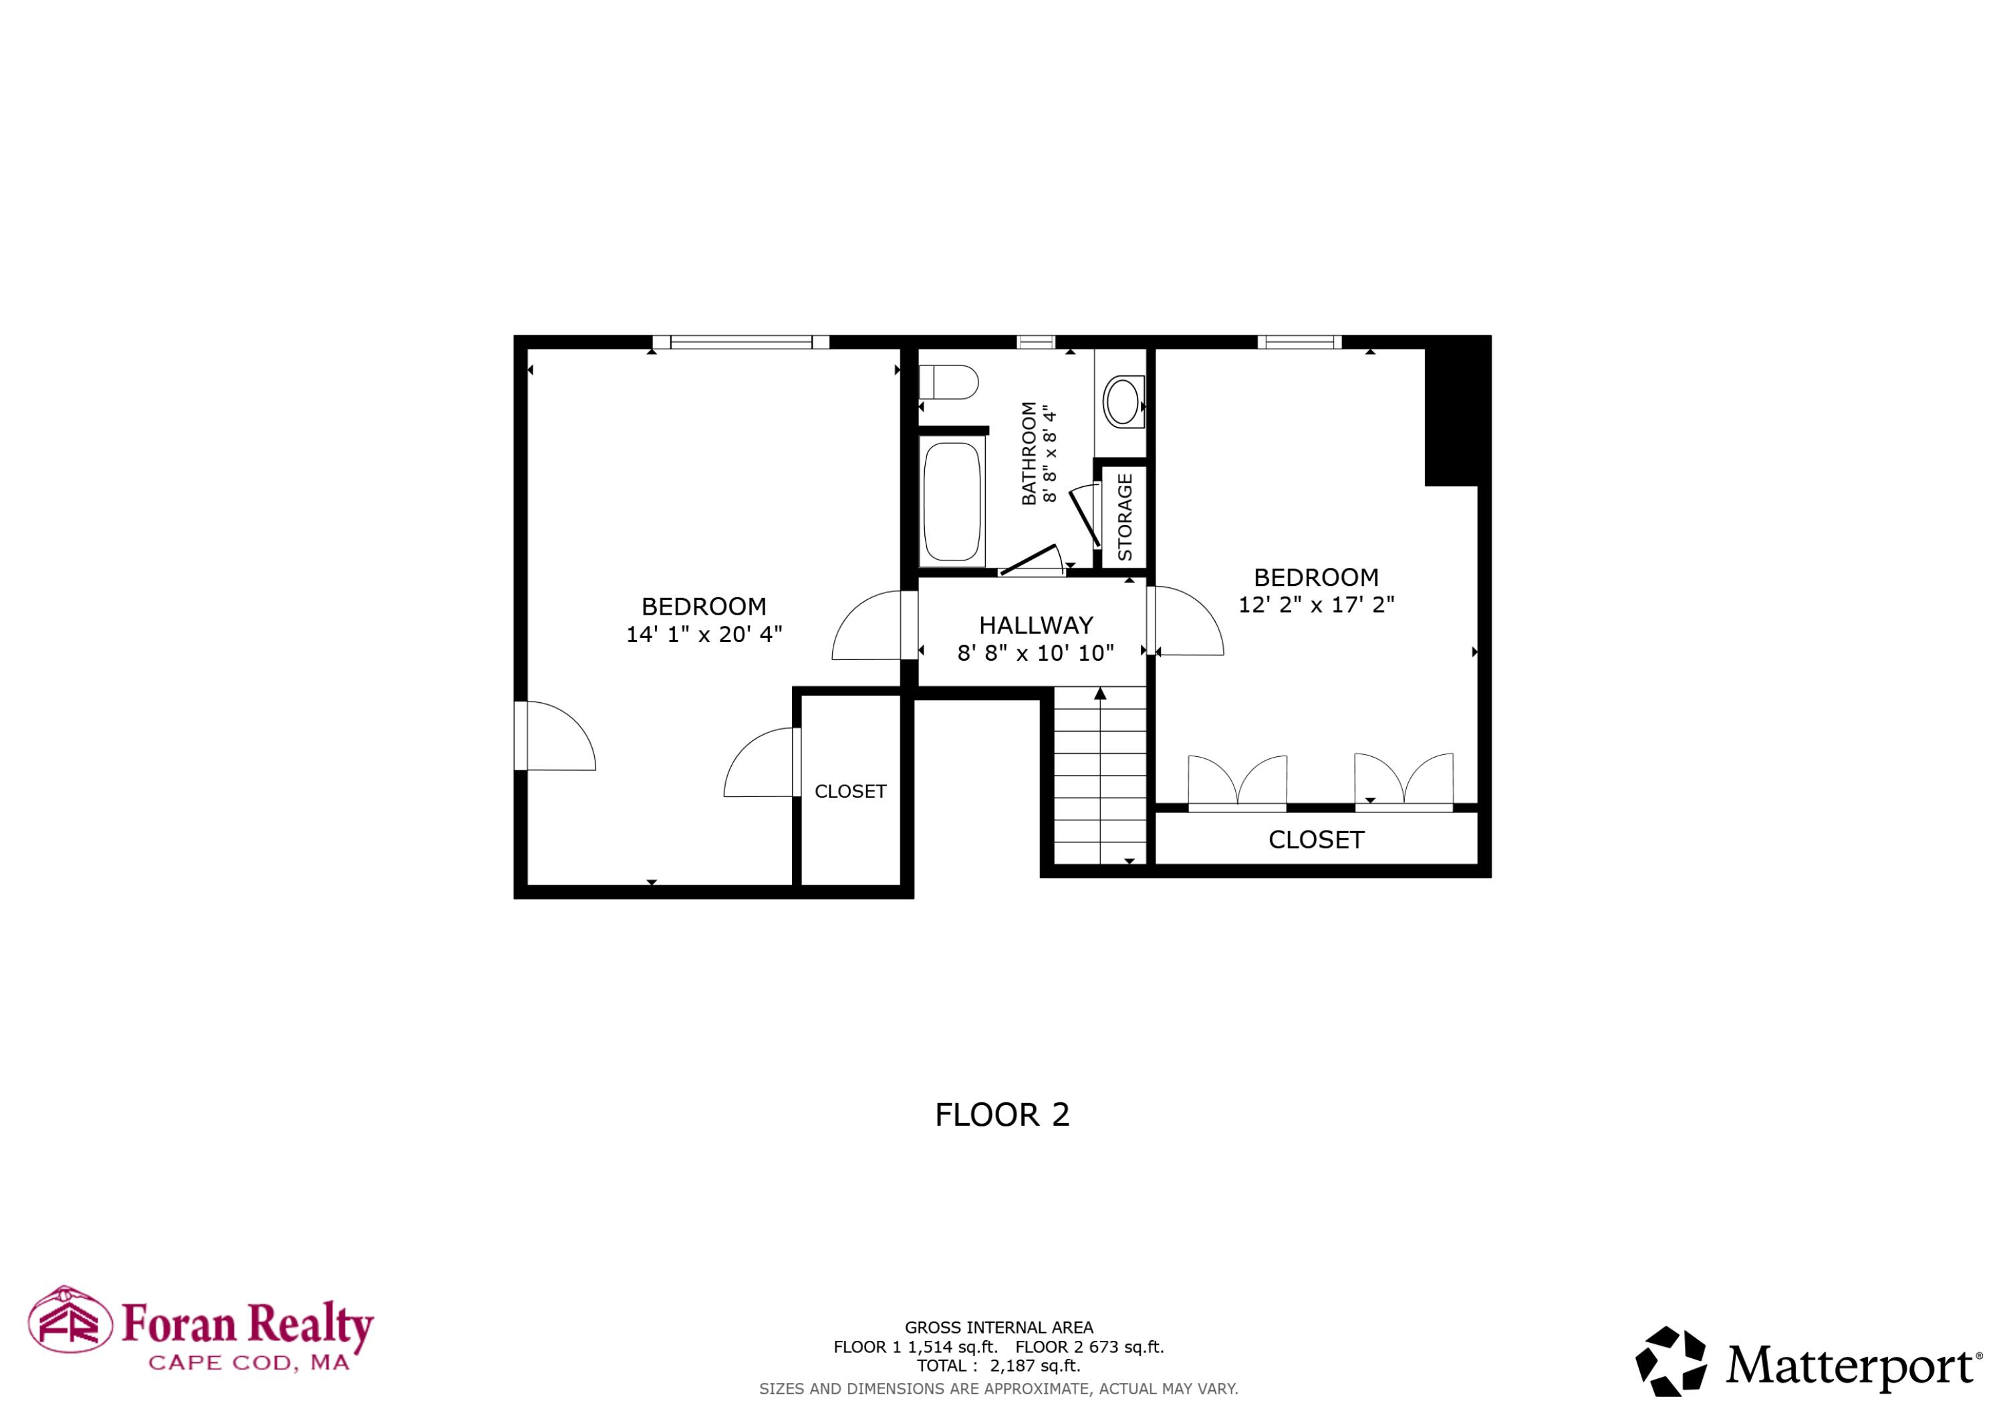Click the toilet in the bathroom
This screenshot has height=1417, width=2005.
tap(948, 382)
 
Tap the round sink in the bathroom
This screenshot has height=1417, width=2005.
tap(1121, 402)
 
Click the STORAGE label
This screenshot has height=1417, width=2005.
tap(1125, 517)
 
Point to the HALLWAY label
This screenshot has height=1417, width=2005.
tap(1036, 625)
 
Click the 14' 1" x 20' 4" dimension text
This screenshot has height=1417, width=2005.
tap(704, 634)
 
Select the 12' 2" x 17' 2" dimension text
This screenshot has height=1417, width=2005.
tap(1316, 604)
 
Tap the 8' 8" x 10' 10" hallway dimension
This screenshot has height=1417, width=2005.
tap(1036, 653)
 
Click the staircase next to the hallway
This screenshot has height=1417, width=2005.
tap(1100, 775)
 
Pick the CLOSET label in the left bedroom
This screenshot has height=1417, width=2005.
tap(849, 791)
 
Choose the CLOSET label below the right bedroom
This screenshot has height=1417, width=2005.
tap(1316, 840)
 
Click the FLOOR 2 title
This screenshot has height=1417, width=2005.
tap(1002, 1115)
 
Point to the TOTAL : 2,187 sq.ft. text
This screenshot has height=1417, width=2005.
tap(998, 1366)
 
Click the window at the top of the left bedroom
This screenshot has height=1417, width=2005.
tap(741, 341)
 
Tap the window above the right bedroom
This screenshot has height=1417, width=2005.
tap(1299, 341)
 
